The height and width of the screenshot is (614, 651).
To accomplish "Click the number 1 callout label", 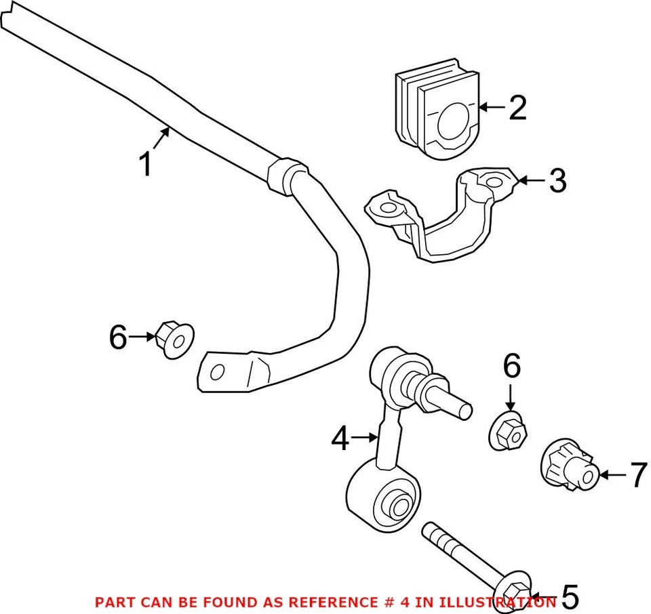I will click(x=146, y=165).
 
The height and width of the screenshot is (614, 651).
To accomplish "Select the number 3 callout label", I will click(x=557, y=181).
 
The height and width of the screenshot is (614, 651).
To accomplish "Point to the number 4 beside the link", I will click(x=340, y=439).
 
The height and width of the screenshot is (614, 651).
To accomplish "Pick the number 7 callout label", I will click(x=638, y=476).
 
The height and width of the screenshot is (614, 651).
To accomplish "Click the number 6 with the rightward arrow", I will click(x=118, y=337).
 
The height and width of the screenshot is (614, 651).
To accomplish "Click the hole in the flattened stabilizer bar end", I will click(x=218, y=371).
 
